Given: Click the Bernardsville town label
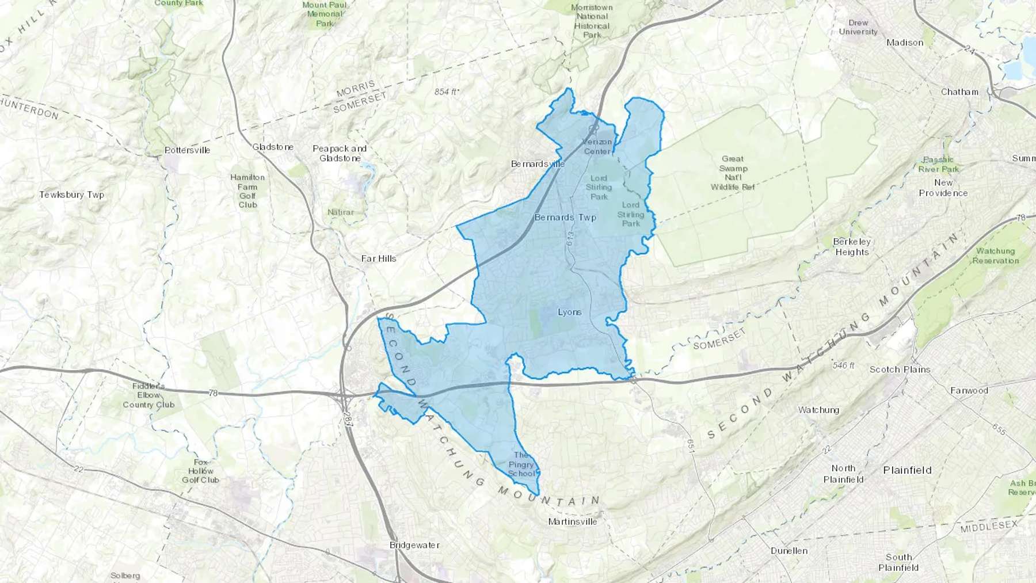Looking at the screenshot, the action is tap(538, 164).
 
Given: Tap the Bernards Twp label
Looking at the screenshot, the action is tap(565, 218).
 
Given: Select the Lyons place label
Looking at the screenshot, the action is tap(569, 313).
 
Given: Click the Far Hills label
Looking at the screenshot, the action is tap(379, 259).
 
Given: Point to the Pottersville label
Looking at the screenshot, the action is tap(188, 150).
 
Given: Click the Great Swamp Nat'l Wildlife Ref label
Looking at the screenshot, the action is tap(732, 173).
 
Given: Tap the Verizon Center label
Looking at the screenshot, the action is tap(597, 147).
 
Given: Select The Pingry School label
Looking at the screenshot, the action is tap(521, 464).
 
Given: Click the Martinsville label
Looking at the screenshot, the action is tap(572, 522).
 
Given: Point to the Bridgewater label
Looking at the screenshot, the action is tap(414, 545).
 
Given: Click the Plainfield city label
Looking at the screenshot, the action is tap(907, 470).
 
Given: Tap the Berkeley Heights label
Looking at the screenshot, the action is tap(852, 247).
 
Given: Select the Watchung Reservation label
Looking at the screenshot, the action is tap(995, 256).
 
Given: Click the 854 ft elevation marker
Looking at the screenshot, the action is tap(446, 92).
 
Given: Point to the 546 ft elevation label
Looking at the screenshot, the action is tap(843, 365).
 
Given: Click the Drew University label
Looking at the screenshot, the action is tap(858, 27).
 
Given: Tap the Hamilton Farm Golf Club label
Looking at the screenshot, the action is tap(247, 191).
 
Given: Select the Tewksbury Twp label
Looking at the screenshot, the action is tap(72, 195).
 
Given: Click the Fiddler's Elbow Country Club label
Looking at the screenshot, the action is tap(148, 395).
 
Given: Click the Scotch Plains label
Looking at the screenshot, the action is tap(900, 369).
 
